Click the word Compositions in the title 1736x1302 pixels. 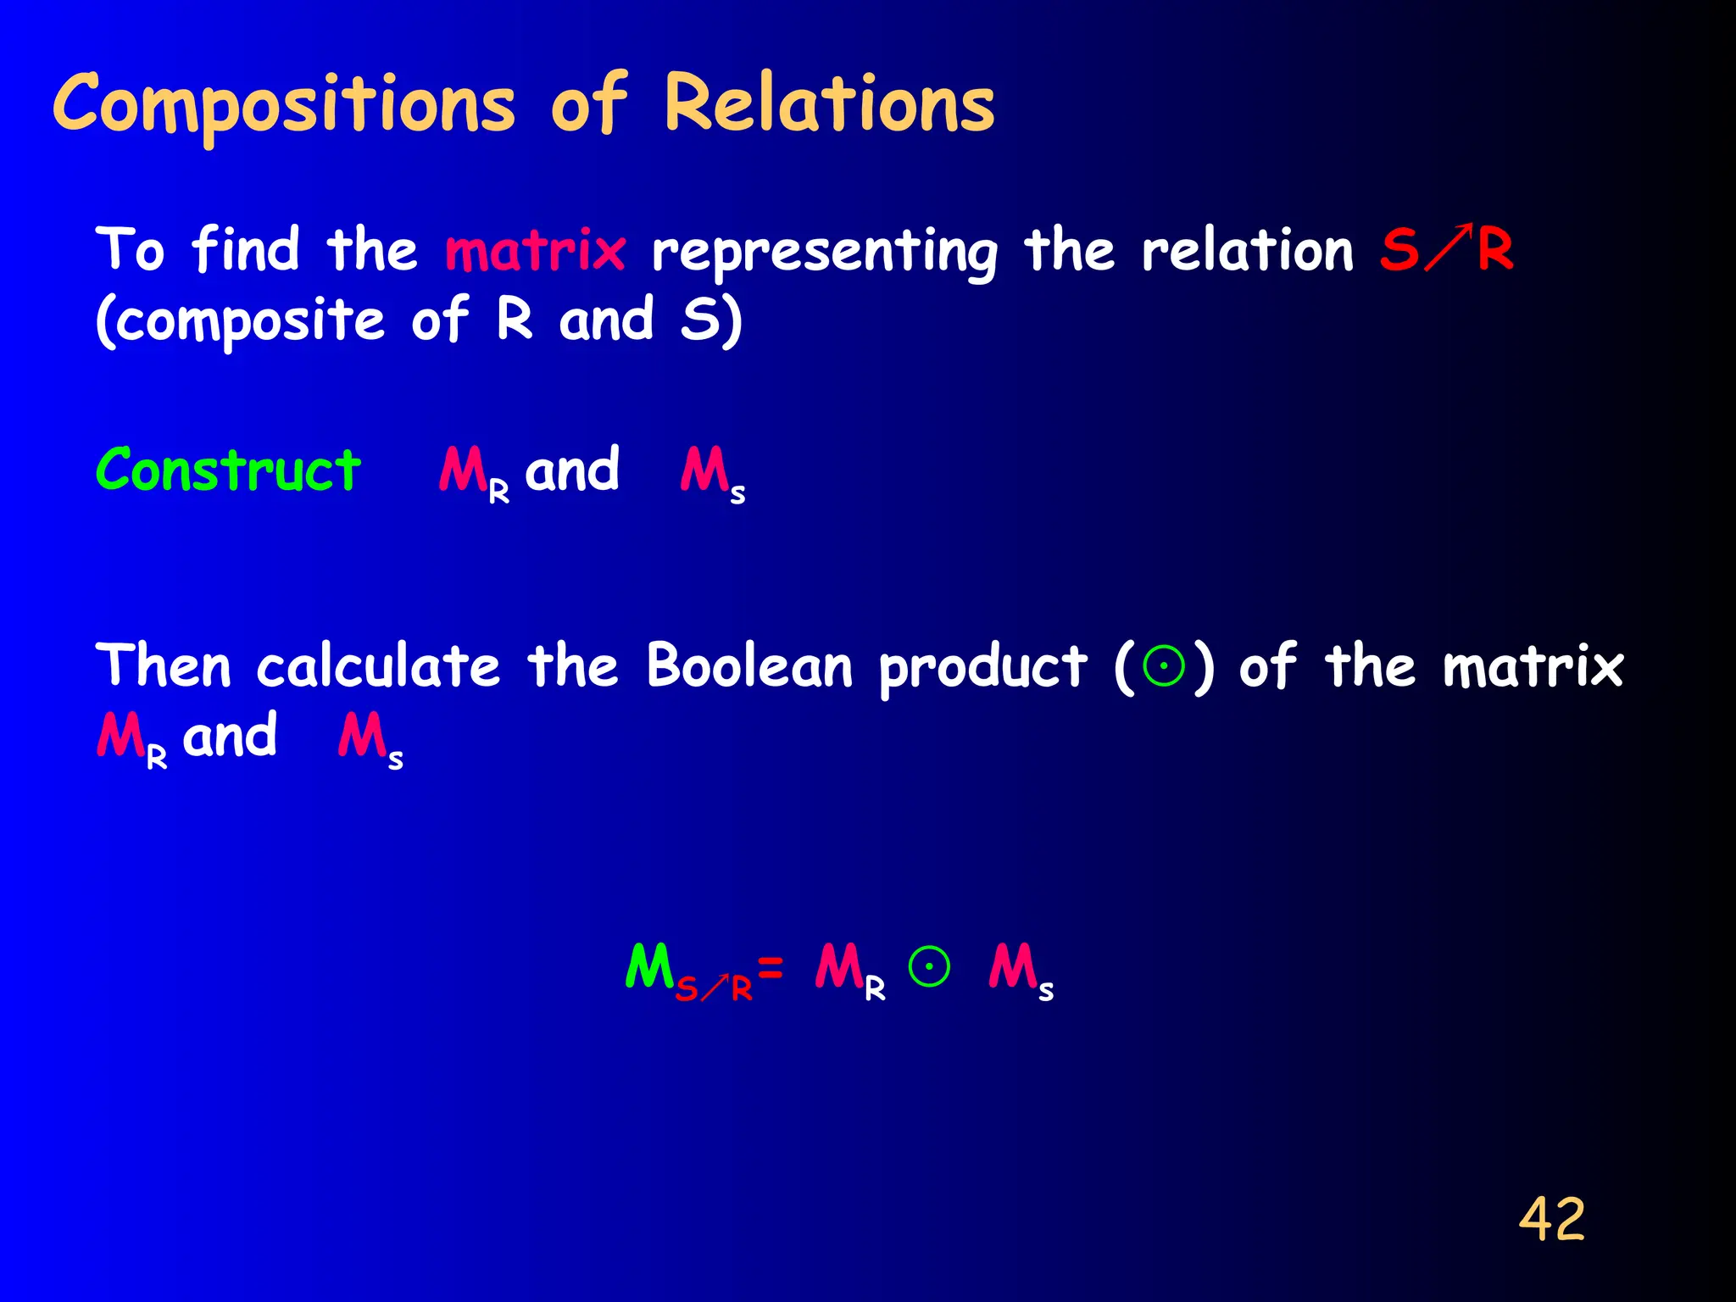pos(284,106)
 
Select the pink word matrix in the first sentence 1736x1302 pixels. pos(536,251)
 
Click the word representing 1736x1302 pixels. pos(825,253)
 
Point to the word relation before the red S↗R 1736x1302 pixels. pos(1247,251)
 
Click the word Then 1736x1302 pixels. pos(163,665)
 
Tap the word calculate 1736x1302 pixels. pos(378,665)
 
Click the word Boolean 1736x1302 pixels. pos(748,665)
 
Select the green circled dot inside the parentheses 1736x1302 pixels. pos(1164,666)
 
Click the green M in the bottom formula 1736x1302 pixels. pos(649,966)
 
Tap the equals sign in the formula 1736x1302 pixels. pos(771,967)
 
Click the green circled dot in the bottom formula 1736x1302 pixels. pos(929,967)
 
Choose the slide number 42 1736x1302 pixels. pos(1551,1219)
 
